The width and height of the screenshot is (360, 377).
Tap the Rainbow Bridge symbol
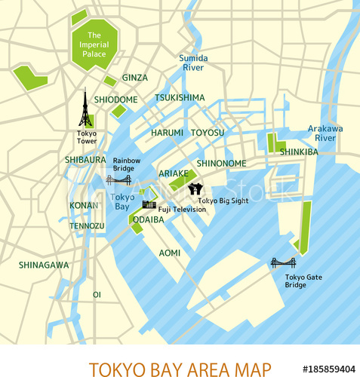click(x=118, y=180)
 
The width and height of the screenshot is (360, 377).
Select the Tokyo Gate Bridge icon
click(x=283, y=262)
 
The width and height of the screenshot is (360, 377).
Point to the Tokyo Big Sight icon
click(x=194, y=188)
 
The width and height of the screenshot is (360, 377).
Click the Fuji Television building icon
click(x=149, y=204)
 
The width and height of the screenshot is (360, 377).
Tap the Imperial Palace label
click(x=94, y=44)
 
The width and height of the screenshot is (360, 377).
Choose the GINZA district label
click(x=135, y=78)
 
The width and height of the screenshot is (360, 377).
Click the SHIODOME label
click(x=115, y=100)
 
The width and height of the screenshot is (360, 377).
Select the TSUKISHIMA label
click(x=180, y=97)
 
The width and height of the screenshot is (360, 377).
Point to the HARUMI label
click(x=167, y=133)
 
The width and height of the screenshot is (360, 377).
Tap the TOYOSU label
click(x=208, y=133)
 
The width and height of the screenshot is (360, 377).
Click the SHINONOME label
click(x=221, y=163)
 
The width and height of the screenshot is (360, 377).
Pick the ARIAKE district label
click(x=174, y=173)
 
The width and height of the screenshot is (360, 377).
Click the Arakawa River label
click(x=325, y=133)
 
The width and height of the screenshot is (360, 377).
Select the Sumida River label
click(x=193, y=63)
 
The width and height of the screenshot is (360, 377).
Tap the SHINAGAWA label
click(x=44, y=265)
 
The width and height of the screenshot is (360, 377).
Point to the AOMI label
click(x=170, y=253)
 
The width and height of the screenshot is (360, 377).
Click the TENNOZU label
click(x=87, y=225)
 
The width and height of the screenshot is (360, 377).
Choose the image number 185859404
click(x=328, y=369)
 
